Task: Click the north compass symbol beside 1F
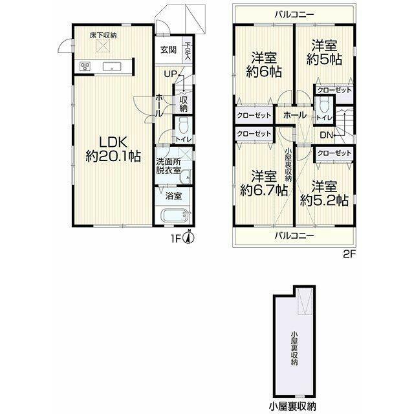[x=189, y=237]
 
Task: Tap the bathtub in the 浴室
[x=175, y=215]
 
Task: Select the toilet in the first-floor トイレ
[x=182, y=127]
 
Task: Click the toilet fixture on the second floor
[x=323, y=105]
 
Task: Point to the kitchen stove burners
[x=85, y=66]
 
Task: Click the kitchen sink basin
[x=112, y=66]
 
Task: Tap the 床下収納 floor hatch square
[x=103, y=46]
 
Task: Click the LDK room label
[x=113, y=143]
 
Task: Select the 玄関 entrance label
[x=168, y=50]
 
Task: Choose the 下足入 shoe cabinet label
[x=188, y=51]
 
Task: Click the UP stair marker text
[x=170, y=74]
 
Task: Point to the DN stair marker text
[x=326, y=135]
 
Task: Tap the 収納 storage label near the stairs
[x=183, y=103]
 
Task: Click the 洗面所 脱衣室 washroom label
[x=168, y=166]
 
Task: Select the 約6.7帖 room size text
[x=264, y=190]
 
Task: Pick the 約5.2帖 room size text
[x=324, y=201]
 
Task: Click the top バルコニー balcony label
[x=294, y=14]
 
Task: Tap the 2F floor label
[x=350, y=254]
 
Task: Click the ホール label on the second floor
[x=295, y=115]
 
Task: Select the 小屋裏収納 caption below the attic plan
[x=292, y=406]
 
